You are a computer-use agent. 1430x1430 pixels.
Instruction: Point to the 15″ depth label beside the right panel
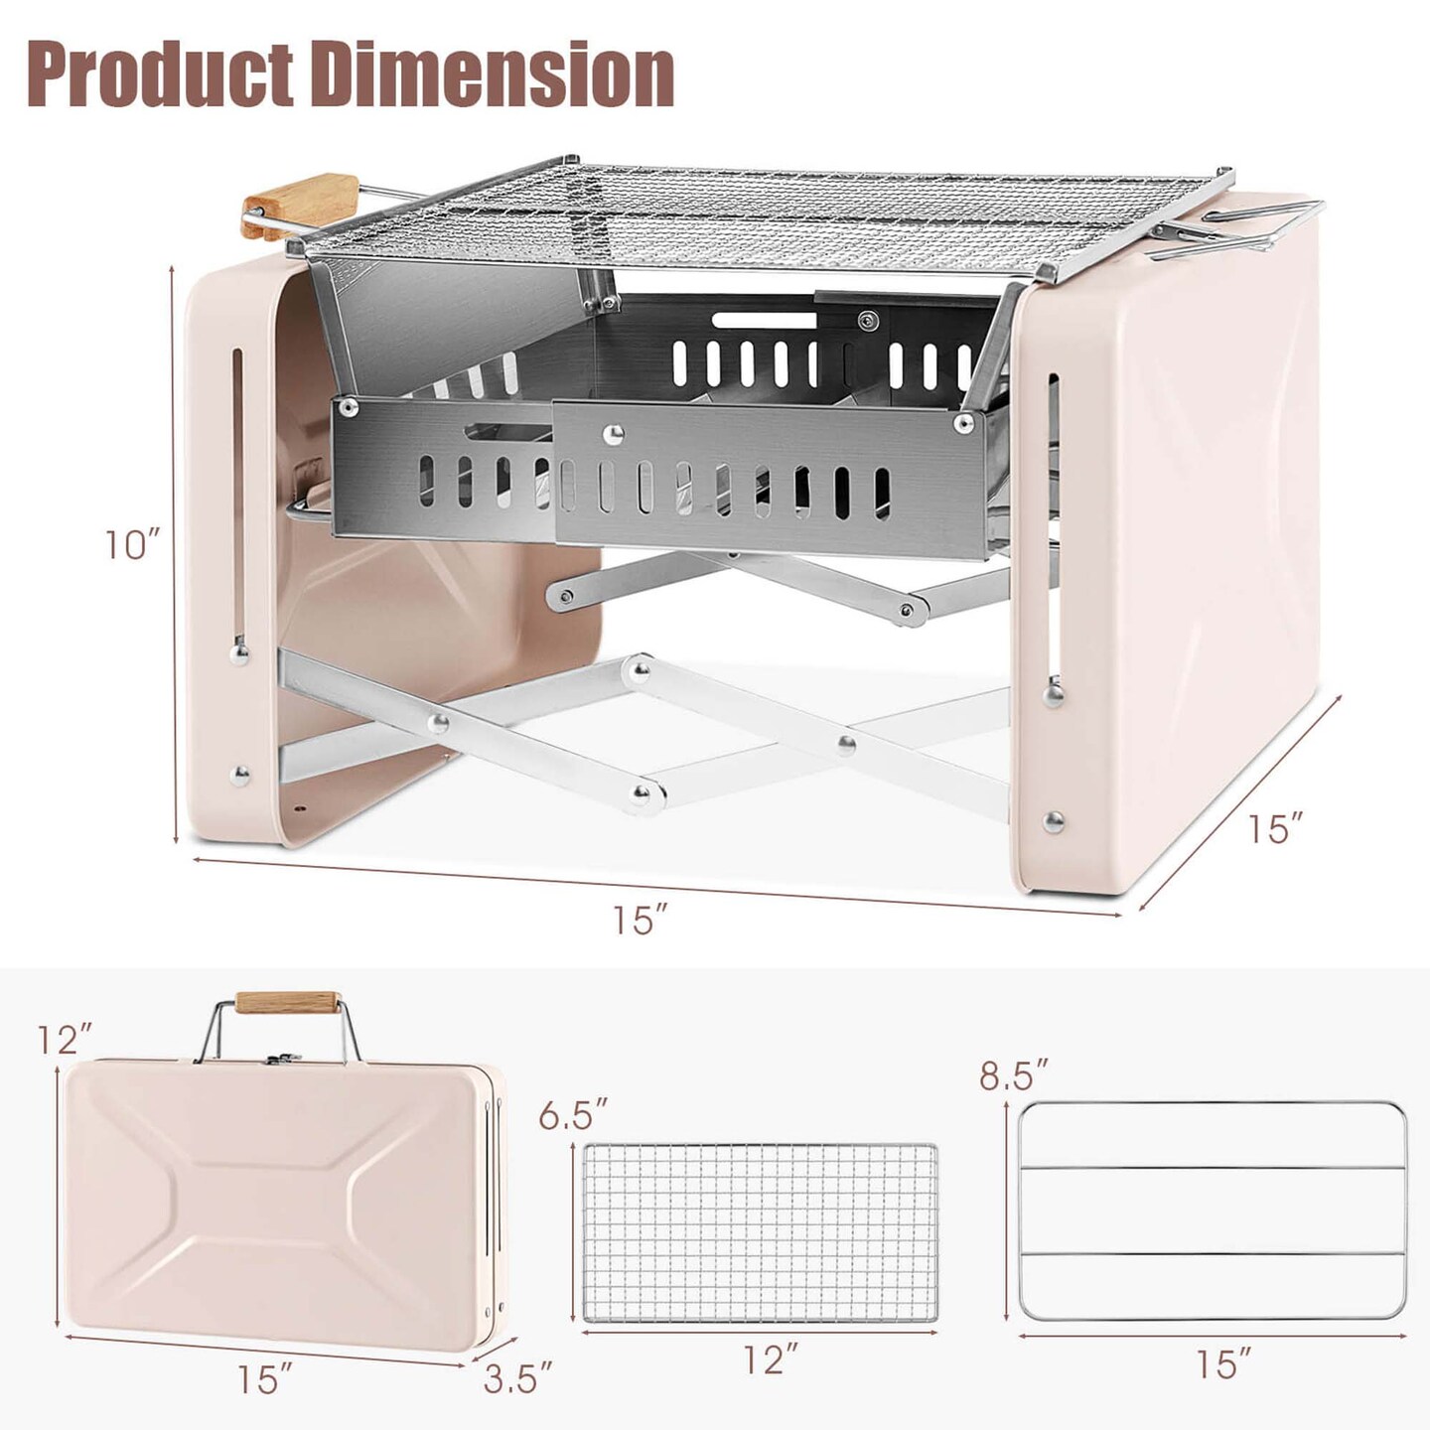pos(1275,828)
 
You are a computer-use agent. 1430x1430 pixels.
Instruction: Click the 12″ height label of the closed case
pos(65,1040)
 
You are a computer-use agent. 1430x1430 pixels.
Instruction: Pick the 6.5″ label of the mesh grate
pos(573,1115)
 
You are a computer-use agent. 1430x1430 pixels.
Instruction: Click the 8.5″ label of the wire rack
pos(1014,1075)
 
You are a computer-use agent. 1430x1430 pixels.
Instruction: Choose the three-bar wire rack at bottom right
pos(1213,1211)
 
